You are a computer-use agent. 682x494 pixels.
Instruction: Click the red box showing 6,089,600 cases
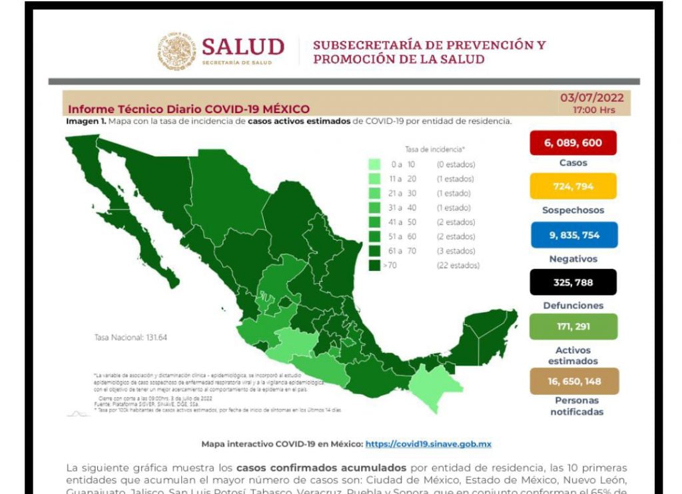coord(573,143)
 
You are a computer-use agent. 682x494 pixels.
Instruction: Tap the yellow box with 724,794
coord(573,186)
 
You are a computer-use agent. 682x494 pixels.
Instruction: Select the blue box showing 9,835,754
coord(573,235)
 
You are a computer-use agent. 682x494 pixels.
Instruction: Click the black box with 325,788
coord(573,282)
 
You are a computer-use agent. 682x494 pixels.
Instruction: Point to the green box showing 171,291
coord(573,327)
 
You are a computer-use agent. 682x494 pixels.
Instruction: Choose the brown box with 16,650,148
coord(573,381)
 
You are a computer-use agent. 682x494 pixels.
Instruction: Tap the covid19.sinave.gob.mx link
coord(428,443)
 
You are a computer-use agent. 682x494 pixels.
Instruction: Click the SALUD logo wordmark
coord(242,47)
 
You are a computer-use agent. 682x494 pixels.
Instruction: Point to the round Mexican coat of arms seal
coord(177,51)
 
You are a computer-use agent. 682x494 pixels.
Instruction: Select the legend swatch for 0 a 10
coord(374,164)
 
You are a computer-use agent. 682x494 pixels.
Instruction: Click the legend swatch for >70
coord(374,265)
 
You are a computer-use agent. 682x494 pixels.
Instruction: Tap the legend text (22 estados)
coord(458,266)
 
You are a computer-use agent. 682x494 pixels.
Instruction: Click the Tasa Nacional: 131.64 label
coord(131,338)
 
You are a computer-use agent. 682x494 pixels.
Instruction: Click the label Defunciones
coord(573,306)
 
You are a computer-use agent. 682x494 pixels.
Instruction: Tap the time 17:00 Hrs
coord(594,110)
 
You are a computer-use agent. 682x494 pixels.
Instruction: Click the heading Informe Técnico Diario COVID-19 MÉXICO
coord(189,109)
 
